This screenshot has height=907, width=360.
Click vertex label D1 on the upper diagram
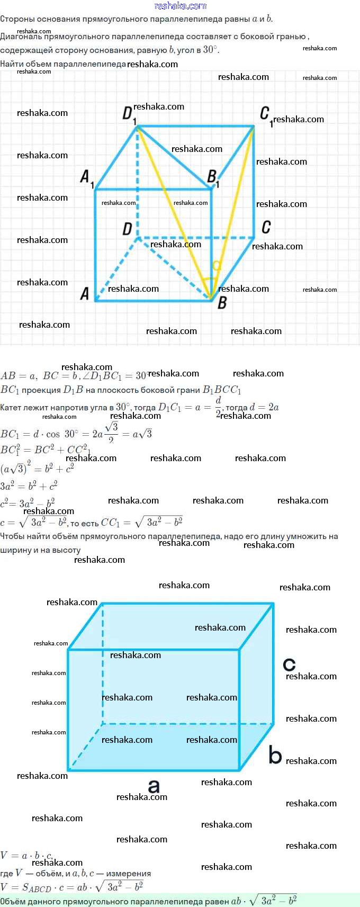click(129, 114)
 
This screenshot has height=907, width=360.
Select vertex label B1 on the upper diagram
click(213, 177)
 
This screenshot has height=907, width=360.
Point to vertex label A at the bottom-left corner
click(85, 294)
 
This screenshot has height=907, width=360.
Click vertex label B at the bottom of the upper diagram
click(222, 303)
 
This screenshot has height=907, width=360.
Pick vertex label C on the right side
click(266, 228)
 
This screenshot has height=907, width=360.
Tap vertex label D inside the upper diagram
click(127, 229)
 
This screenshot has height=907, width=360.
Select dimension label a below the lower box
click(154, 786)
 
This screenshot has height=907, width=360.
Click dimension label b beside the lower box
click(275, 755)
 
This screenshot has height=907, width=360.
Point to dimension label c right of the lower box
click(289, 664)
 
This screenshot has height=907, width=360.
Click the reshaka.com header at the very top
click(180, 6)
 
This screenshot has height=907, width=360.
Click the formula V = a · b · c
click(26, 856)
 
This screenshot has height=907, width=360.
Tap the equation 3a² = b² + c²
click(29, 486)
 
